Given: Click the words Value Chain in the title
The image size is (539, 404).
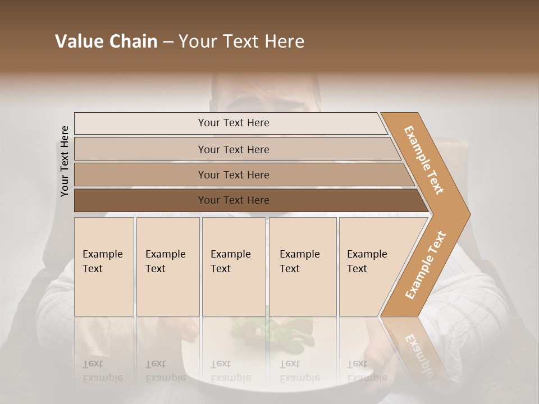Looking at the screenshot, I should (106, 42).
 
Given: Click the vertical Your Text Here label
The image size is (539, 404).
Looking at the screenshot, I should (65, 161).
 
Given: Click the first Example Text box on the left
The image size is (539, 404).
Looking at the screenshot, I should (104, 267).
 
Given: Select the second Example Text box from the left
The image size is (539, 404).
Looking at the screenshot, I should (168, 267).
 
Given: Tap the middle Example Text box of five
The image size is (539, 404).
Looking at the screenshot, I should (234, 267).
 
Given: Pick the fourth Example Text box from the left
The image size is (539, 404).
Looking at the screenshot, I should (303, 267).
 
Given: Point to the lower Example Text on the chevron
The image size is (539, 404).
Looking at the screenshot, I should (426, 265).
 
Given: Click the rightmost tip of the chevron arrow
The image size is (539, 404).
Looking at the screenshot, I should (469, 214).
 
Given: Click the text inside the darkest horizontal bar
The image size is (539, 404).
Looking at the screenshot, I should (234, 200).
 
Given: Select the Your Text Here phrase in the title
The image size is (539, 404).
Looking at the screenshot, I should (241, 42).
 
